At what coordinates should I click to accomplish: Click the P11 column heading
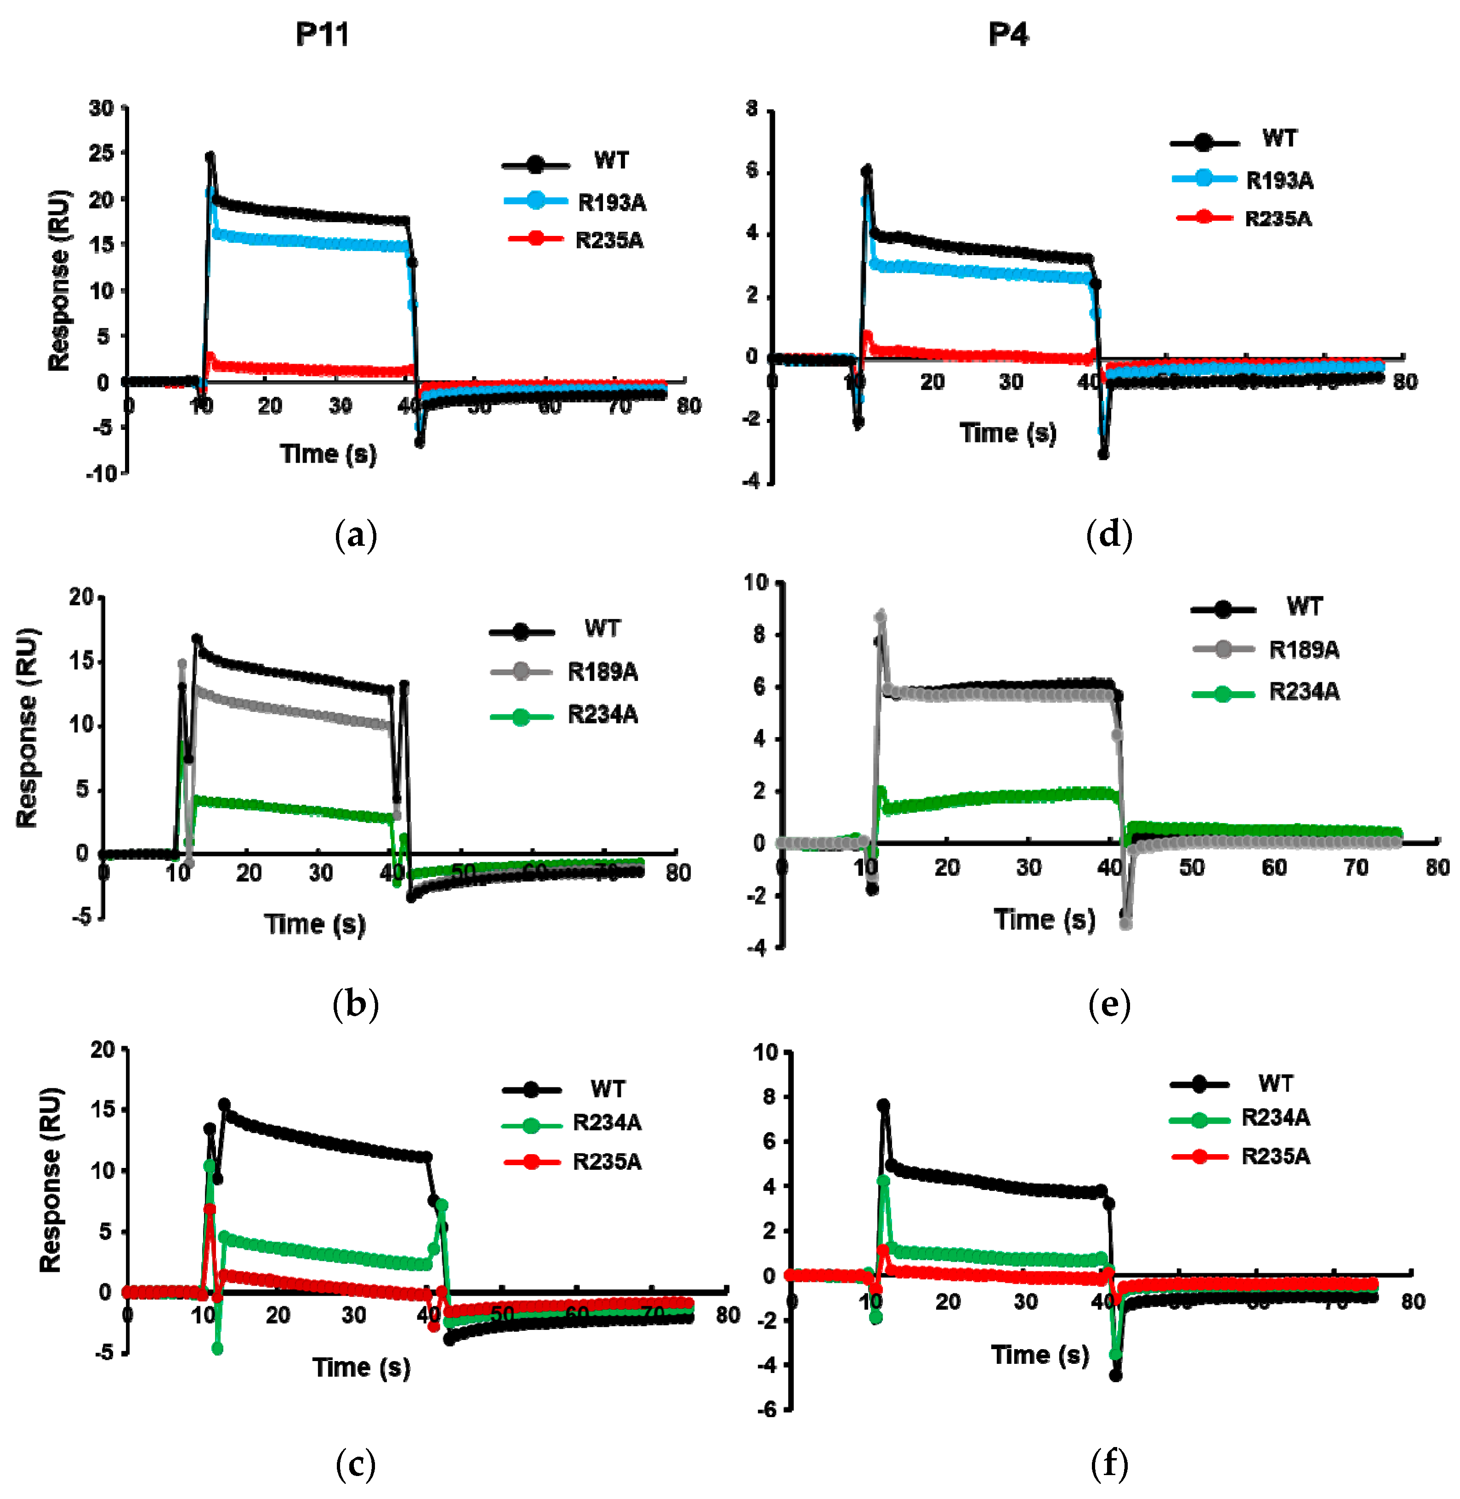pos(322,34)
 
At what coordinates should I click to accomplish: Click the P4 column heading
pos(1008,34)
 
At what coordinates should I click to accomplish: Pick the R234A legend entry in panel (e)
pos(1304,692)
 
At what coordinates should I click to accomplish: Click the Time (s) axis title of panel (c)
pos(361,1367)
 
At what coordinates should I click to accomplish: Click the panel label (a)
pos(356,535)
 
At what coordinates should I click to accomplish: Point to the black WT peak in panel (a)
pos(210,156)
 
